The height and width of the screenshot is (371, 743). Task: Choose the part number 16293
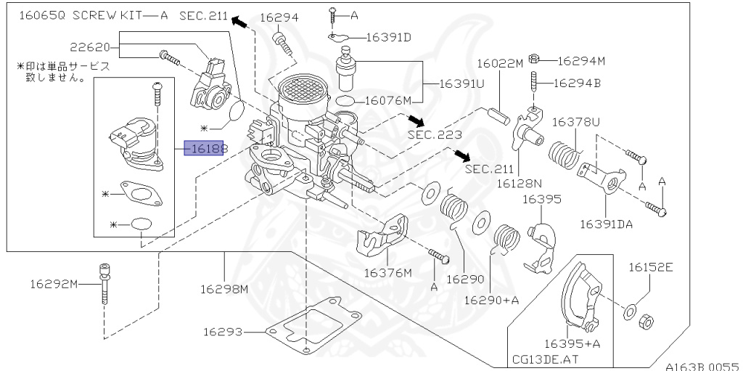223,332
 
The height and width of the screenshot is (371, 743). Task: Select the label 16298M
224,288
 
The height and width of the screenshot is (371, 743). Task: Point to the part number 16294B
577,83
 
